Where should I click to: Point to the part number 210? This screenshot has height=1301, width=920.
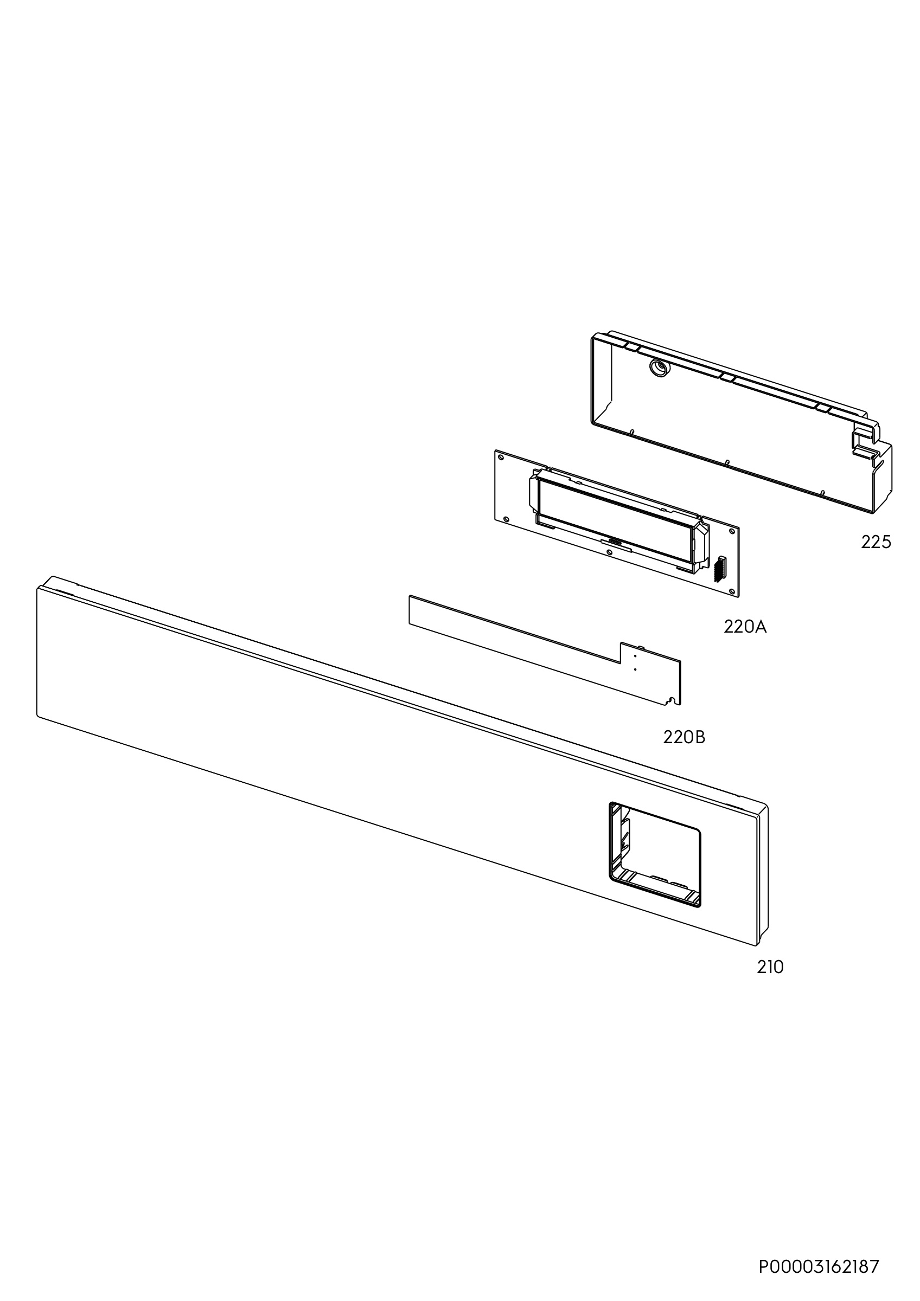770,967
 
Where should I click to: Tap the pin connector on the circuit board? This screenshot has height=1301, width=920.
720,568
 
